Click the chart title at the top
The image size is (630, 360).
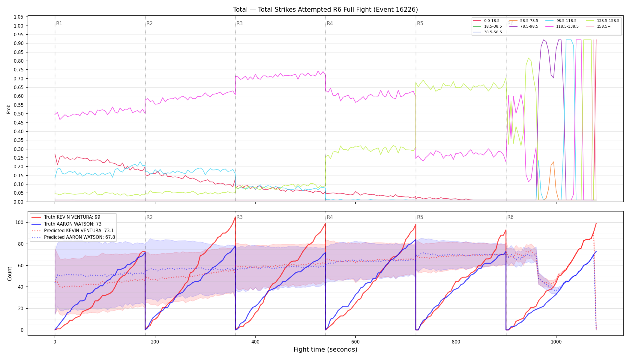(325, 10)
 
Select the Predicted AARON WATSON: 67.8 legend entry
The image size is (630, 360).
(73, 237)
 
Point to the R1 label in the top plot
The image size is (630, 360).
(59, 23)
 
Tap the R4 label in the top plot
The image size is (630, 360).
(330, 23)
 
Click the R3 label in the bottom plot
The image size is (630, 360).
(239, 217)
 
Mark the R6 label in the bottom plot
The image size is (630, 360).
(510, 217)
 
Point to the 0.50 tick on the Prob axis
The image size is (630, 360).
(19, 114)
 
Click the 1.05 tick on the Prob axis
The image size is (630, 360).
(19, 17)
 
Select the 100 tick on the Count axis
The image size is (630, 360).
(19, 222)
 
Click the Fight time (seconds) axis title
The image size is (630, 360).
(325, 349)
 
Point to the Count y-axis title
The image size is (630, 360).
(10, 274)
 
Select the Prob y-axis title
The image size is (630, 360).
(8, 109)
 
